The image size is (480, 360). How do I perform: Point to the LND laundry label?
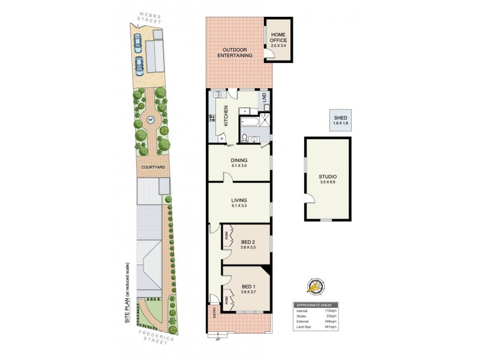[x=263, y=97]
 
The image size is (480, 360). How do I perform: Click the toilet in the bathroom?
[x=245, y=137]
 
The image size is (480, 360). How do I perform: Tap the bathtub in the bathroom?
[x=248, y=124]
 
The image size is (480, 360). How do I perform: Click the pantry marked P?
[x=223, y=138]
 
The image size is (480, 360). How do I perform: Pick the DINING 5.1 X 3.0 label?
[x=239, y=163]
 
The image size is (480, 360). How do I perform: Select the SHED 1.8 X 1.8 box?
[x=341, y=120]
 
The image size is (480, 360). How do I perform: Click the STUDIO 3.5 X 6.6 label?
[x=328, y=178]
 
